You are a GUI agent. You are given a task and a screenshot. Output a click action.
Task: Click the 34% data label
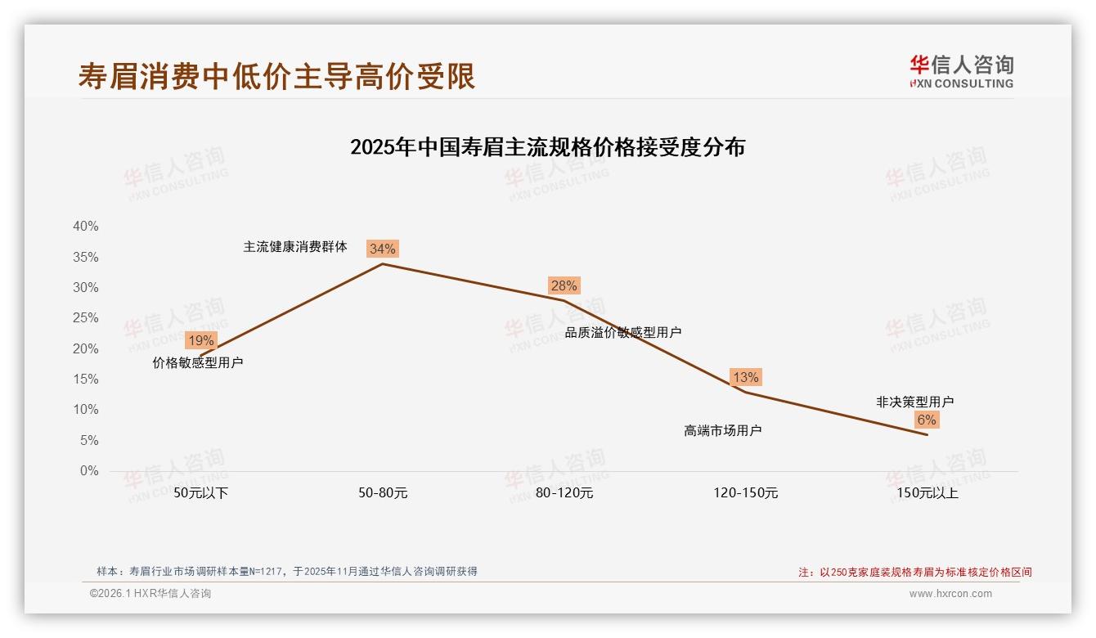point(382,249)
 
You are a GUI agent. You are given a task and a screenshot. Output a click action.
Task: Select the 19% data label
point(200,340)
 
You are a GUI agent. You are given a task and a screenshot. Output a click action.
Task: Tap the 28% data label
point(564,285)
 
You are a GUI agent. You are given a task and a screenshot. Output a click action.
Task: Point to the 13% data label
point(745,377)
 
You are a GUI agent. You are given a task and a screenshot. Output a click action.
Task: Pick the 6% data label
point(926,420)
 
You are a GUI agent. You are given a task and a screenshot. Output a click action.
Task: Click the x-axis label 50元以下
point(201,493)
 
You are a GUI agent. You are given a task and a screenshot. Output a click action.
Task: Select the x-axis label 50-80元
point(383,493)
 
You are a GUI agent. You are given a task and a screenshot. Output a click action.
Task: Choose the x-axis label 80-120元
point(564,493)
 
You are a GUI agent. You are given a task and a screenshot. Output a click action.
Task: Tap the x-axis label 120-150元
point(746,493)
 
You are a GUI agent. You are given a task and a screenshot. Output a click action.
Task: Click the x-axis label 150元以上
point(927,493)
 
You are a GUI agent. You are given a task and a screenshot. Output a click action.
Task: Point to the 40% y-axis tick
point(85,227)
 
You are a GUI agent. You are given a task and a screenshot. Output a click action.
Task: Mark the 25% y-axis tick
point(85,318)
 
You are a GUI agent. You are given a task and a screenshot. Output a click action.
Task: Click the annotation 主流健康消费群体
point(295,246)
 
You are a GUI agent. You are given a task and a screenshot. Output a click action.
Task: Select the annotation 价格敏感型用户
point(198,362)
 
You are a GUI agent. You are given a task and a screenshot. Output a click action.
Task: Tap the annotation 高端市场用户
point(722,430)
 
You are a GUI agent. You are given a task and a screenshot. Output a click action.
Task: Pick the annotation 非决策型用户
point(914,402)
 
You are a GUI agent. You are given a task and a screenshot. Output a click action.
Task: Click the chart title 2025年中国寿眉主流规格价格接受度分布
point(547,147)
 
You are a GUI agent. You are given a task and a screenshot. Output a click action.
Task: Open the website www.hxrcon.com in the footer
point(950,594)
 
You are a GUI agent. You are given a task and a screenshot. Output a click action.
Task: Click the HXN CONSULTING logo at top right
point(961,71)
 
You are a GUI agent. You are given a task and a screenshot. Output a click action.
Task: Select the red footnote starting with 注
point(915,573)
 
